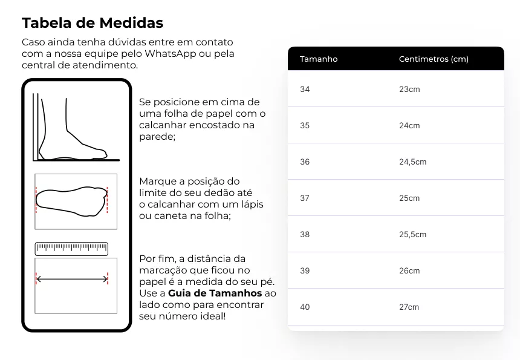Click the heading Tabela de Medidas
pos(93,24)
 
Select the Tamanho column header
pos(319,59)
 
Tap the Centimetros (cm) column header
pos(434,59)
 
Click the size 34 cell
pos(305,90)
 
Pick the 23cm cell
pos(409,90)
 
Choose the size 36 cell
pos(305,162)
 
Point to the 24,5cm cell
pos(412,162)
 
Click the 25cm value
pos(409,198)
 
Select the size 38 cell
pos(305,235)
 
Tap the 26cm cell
pos(409,271)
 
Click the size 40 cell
pos(305,307)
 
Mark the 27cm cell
pos(409,307)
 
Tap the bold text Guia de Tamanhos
pos(215,293)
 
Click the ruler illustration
pos(71,248)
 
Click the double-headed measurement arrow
pos(71,279)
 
